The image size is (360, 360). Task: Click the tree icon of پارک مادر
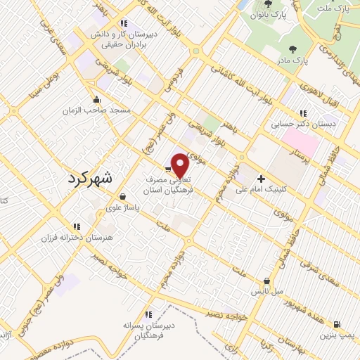[x=292, y=49]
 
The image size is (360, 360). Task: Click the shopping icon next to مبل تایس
[x=266, y=280]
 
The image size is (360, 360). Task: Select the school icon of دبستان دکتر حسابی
[x=303, y=112]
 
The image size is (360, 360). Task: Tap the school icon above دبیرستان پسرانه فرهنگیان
[x=148, y=314]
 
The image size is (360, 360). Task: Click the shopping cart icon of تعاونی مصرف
[x=167, y=169]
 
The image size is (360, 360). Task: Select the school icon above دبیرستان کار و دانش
[x=124, y=22]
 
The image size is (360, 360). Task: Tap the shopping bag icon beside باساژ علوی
[x=124, y=197]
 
